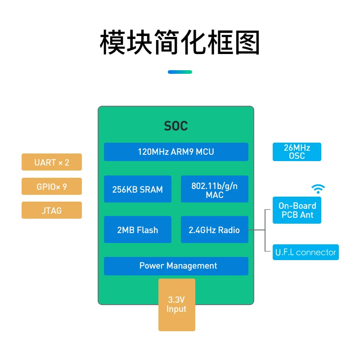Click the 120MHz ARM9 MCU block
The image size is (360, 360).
(x=176, y=152)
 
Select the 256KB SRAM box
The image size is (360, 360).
(x=137, y=189)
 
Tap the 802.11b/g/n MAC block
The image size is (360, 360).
(x=214, y=189)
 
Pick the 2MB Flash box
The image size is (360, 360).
(x=137, y=230)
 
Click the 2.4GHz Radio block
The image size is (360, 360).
(x=214, y=230)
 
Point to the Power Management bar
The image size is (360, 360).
(x=176, y=266)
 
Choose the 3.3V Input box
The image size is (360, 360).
(x=176, y=305)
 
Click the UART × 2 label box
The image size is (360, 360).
(x=52, y=162)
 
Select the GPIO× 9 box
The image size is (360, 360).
(x=52, y=186)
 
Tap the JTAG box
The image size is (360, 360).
(x=52, y=210)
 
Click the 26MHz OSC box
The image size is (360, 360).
(x=297, y=152)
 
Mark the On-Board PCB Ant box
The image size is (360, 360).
(x=297, y=210)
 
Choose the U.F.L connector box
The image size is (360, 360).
(x=306, y=252)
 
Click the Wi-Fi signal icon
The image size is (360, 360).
(x=318, y=189)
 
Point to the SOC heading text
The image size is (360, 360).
(x=176, y=126)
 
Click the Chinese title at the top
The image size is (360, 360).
(x=180, y=43)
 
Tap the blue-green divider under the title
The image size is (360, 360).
(x=180, y=72)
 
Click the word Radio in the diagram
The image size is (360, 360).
(x=229, y=230)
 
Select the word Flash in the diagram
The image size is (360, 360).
(x=148, y=230)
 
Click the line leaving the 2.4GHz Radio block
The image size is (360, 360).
(x=256, y=230)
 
